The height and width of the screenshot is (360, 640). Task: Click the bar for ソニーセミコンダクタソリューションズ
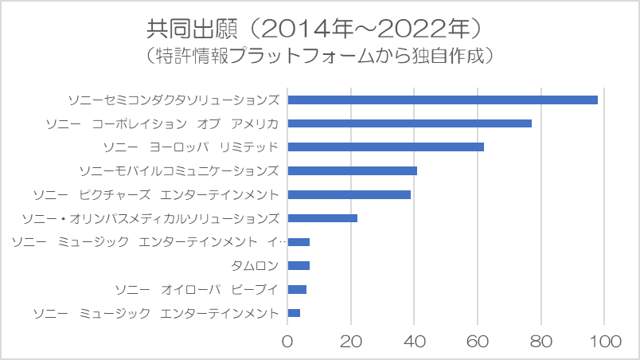tap(442, 100)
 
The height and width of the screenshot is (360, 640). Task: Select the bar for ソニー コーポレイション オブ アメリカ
tap(409, 123)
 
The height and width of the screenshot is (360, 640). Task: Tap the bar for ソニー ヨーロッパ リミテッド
tap(385, 147)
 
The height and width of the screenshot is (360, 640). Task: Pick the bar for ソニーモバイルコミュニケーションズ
tap(352, 170)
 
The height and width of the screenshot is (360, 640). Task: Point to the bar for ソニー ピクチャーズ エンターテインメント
tap(349, 194)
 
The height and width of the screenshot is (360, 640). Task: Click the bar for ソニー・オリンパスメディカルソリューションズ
tap(322, 218)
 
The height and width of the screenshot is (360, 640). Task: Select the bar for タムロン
tap(299, 265)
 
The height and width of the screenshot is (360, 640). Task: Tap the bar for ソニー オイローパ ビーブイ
tap(297, 289)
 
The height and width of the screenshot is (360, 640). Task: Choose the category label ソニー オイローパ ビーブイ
tap(197, 289)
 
